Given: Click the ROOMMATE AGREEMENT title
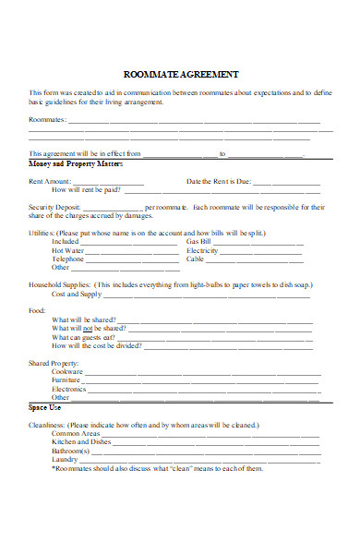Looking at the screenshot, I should [181, 74].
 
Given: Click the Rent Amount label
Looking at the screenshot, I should [50, 181].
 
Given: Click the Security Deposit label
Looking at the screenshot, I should [56, 207].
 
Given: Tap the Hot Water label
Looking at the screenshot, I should [68, 250].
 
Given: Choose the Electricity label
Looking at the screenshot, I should [202, 250].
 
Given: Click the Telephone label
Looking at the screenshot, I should [68, 259].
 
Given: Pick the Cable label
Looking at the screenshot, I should [196, 259].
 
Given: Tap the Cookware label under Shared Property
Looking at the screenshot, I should [68, 371].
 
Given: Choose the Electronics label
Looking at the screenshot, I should [69, 389].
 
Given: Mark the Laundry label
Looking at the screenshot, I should [65, 459].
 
